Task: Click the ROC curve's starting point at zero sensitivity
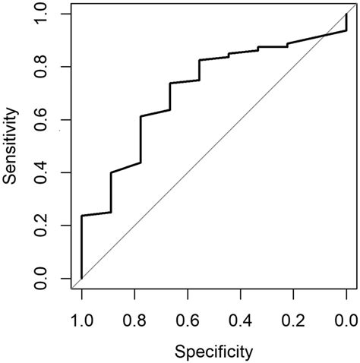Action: [81, 278]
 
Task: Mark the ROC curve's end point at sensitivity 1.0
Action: [346, 14]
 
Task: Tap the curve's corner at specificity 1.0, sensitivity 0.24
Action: [81, 216]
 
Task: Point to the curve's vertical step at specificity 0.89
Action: [111, 192]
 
